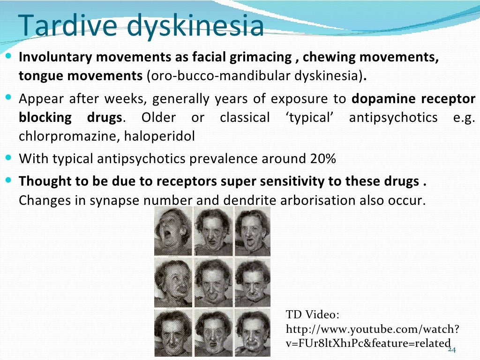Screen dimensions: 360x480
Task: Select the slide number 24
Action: tap(452, 350)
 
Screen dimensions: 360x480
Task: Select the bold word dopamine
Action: tap(383, 99)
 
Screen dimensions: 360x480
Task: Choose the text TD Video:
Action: tap(312, 314)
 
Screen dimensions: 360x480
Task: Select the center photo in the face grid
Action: tap(213, 282)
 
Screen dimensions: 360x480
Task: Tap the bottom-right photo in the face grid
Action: tap(253, 331)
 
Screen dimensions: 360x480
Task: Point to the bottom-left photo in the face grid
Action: tap(173, 331)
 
